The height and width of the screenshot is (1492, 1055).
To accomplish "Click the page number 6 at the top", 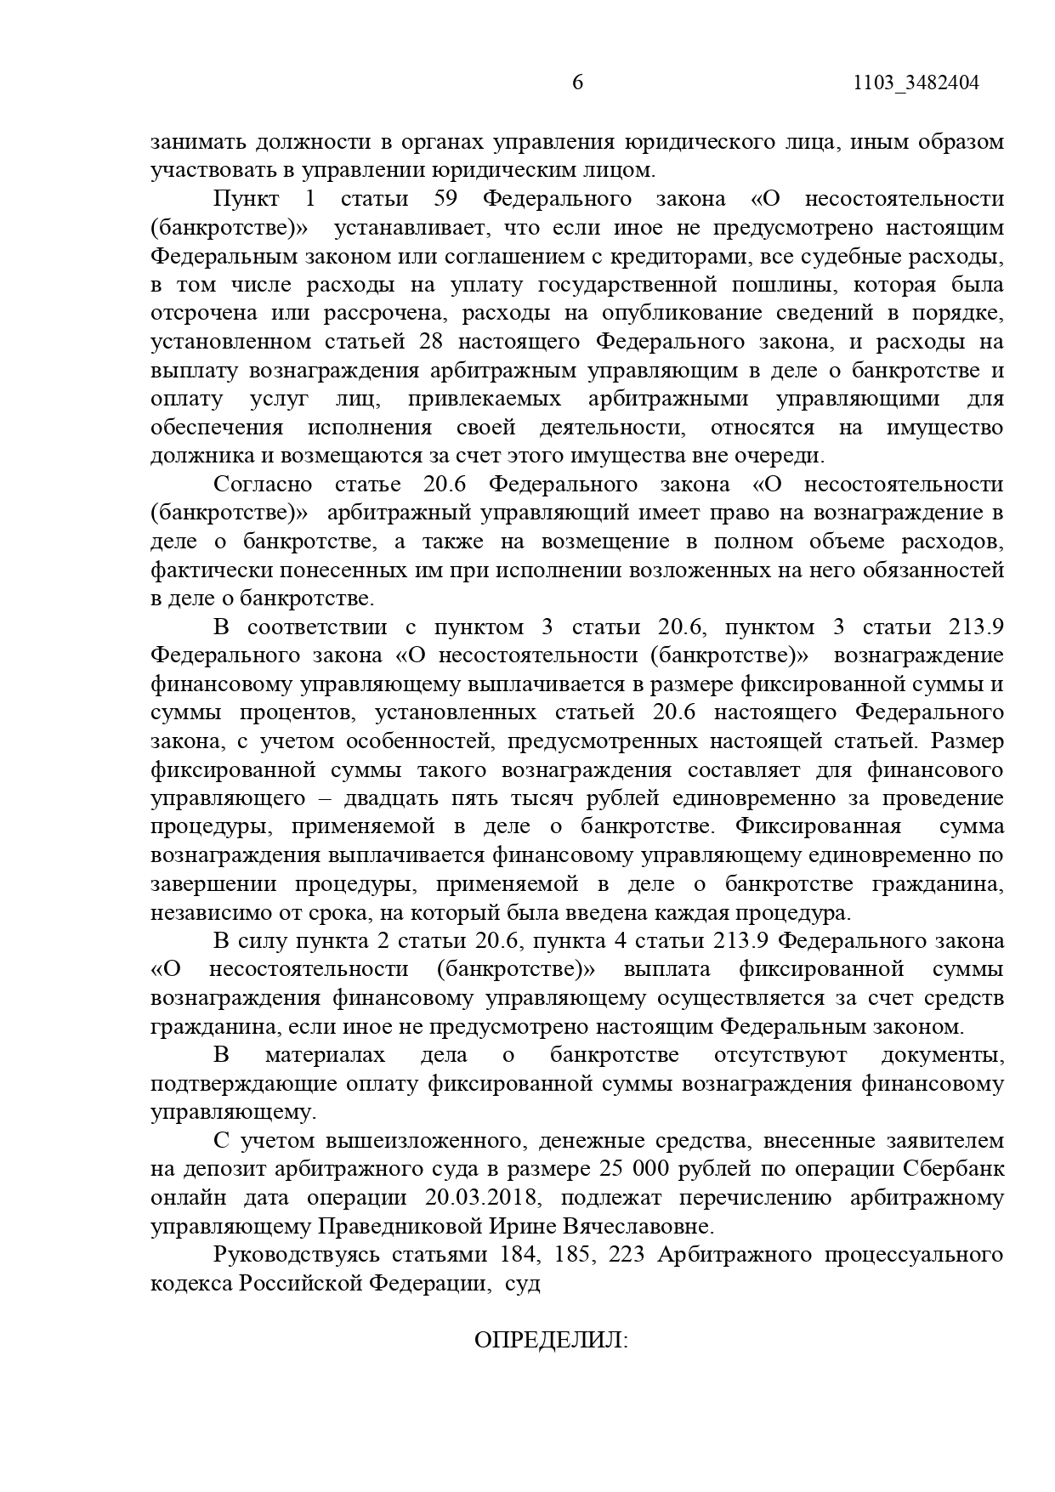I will click(578, 82).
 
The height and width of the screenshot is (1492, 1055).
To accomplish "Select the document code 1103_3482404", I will click(916, 83).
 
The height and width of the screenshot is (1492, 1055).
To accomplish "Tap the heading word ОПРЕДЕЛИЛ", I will click(550, 1341).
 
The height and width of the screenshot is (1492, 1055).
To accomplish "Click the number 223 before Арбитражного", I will click(629, 1255).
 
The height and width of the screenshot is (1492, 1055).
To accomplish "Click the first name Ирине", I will click(524, 1227).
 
